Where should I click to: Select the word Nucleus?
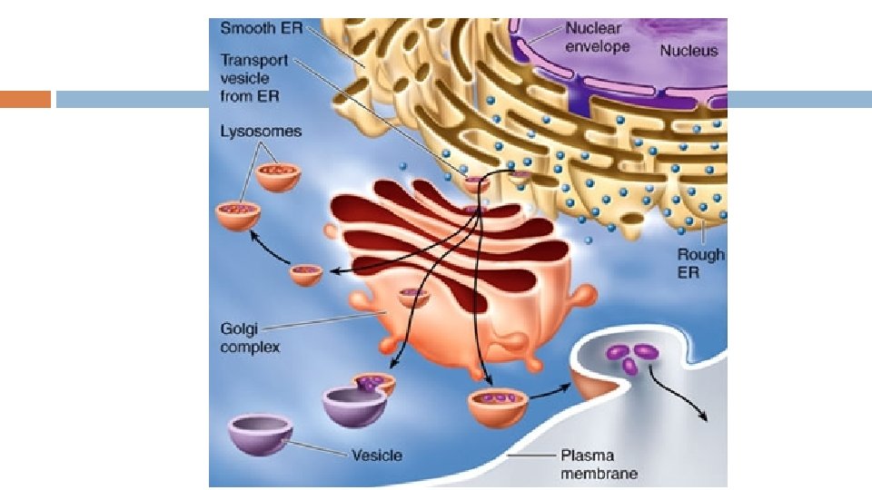[x=688, y=51]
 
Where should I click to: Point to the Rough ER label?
[x=701, y=263]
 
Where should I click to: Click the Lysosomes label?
[x=261, y=132]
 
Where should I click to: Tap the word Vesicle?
[x=376, y=455]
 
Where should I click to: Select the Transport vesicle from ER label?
[x=254, y=78]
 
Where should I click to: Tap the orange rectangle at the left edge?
[x=25, y=99]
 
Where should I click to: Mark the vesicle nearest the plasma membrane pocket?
[x=498, y=405]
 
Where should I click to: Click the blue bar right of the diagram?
[x=799, y=99]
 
